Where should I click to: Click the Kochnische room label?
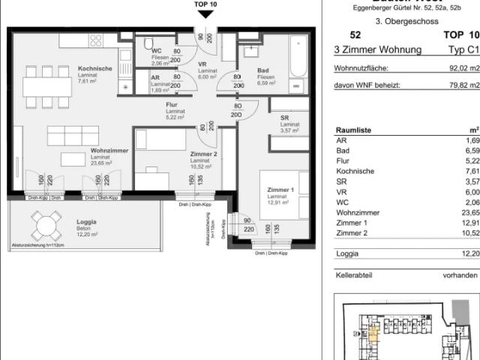click(x=95, y=68)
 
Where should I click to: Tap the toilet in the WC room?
click(x=148, y=43)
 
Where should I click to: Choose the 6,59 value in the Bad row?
click(x=470, y=149)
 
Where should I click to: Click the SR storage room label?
click(x=284, y=118)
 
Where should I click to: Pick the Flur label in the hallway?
click(x=172, y=106)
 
